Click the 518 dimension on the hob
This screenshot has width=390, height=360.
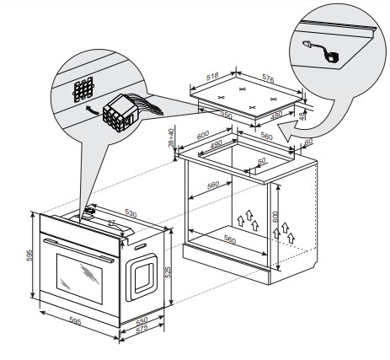212,77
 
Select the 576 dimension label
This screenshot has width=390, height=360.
268,78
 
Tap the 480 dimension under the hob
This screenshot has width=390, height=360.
276,116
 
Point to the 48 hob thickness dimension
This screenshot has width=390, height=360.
302,116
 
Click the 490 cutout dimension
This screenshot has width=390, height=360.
216,143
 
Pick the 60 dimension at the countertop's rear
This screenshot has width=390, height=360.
308,142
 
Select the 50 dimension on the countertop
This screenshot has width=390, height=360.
261,161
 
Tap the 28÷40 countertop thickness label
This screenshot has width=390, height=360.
171,137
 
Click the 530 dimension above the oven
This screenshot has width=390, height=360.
131,213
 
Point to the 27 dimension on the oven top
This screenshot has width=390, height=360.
112,223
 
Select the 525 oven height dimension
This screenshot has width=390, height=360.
168,272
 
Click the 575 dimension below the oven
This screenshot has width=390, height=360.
142,330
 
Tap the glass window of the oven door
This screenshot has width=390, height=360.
79,278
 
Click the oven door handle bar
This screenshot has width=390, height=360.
79,250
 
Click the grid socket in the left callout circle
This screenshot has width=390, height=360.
83,89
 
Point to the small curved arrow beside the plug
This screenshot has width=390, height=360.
92,110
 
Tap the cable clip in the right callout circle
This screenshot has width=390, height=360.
321,51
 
